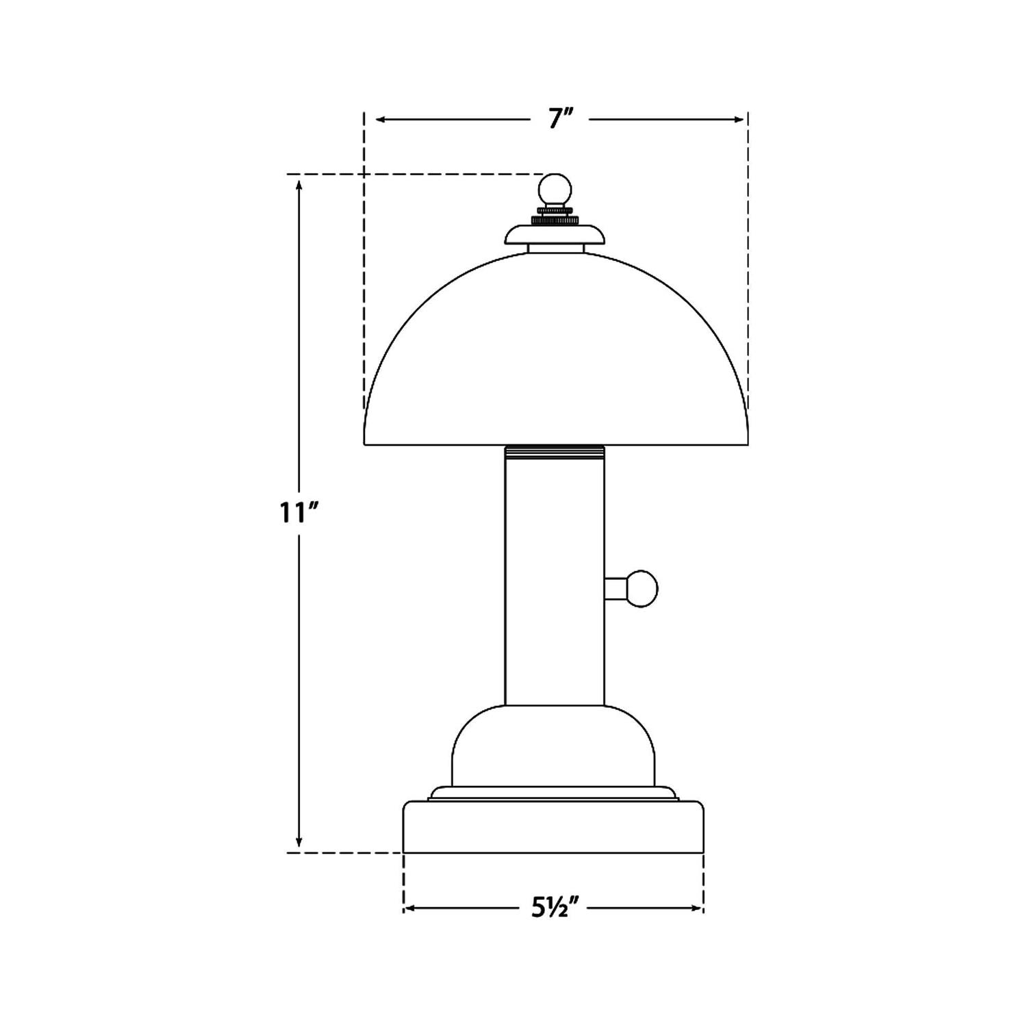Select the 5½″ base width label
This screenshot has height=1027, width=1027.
(x=554, y=909)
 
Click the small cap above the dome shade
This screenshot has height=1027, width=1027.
(x=555, y=236)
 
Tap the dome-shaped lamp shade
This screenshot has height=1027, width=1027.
(x=555, y=356)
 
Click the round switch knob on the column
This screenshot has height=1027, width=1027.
(x=642, y=589)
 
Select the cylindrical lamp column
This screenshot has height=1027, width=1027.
(x=555, y=582)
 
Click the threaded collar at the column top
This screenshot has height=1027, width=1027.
(x=555, y=451)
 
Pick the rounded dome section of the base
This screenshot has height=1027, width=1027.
(x=553, y=746)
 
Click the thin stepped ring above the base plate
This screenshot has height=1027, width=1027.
(x=553, y=794)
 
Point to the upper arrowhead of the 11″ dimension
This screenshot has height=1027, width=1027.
(x=299, y=183)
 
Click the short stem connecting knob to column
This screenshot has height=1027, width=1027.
(x=616, y=589)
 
